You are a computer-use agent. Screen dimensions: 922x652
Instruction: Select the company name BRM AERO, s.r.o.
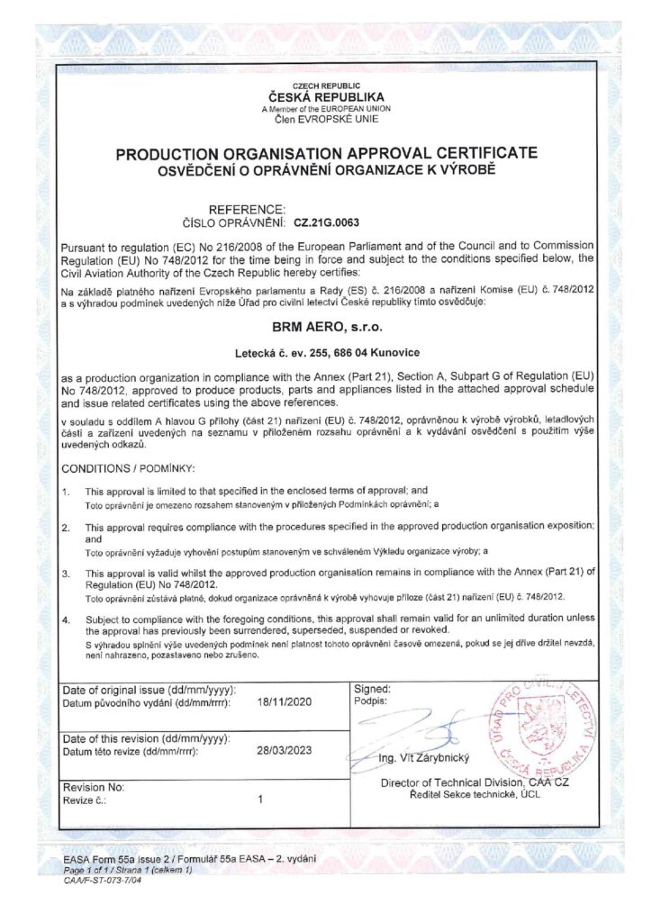coord(326,330)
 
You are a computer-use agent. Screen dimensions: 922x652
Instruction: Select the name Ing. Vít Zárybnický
coord(424,760)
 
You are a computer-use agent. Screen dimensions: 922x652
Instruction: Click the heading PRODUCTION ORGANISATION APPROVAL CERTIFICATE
coord(326,154)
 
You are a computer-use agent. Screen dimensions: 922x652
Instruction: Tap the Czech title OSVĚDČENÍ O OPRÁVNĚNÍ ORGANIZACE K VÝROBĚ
coord(326,169)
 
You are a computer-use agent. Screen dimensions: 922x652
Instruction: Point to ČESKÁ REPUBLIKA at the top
coord(326,95)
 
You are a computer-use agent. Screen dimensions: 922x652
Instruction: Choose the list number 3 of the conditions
coord(66,573)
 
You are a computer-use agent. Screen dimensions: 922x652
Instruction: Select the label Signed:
coord(374,688)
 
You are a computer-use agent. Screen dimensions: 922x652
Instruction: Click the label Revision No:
coord(94,786)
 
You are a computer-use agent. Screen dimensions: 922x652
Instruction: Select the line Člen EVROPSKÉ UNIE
coord(326,118)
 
